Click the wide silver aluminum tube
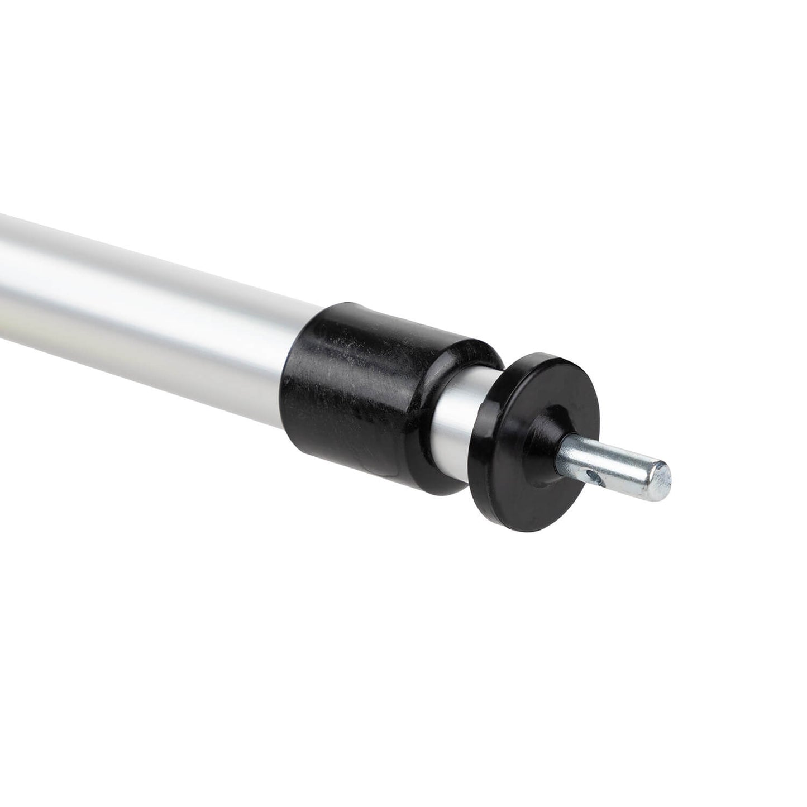click(x=140, y=290)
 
